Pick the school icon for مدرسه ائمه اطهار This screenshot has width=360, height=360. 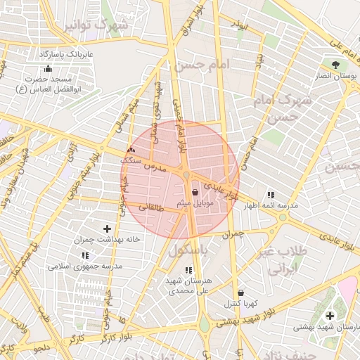point(271,195)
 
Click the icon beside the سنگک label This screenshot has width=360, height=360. point(131,150)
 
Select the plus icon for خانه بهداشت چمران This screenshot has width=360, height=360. point(107,229)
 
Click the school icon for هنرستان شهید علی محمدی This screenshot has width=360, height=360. point(188,270)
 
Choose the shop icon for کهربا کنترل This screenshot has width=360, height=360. point(241,292)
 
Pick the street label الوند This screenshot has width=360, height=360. point(241,26)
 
